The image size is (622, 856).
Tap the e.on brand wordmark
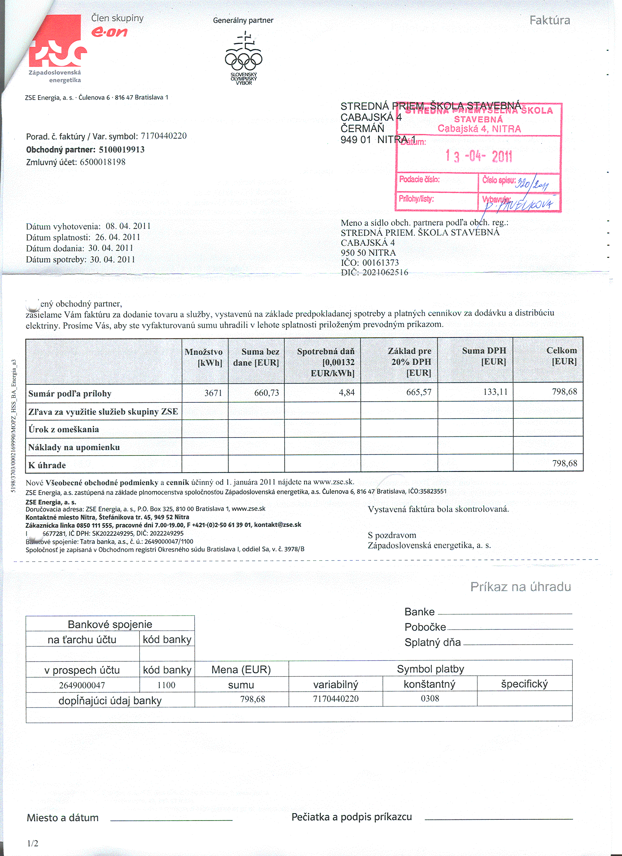pos(109,32)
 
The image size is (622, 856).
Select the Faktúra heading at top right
pos(549,20)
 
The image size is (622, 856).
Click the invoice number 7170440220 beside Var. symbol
pos(164,136)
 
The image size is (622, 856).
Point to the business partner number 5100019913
pos(121,150)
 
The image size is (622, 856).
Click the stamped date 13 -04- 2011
pos(478,155)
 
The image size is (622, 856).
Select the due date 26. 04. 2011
pos(118,237)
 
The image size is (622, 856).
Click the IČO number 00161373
pos(381,263)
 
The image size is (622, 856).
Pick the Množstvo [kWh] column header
pos(204,357)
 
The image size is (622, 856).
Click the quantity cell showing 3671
pos(213,393)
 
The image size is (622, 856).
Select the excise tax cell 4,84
pos(346,393)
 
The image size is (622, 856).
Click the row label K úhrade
pos(47,465)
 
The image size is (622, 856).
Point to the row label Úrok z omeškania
pos(64,429)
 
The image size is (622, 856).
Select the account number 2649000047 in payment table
pos(82,685)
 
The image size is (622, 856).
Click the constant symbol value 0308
pos(430,698)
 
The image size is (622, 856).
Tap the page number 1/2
pos(33,843)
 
